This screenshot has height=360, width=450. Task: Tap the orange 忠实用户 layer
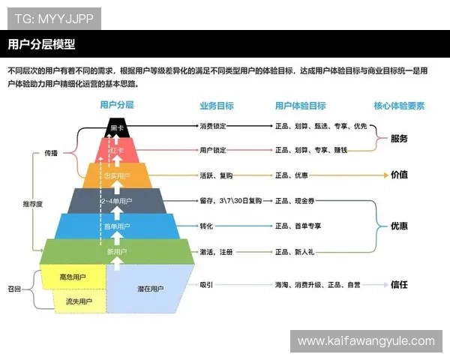(x=116, y=175)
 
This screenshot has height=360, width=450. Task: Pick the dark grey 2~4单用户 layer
(x=116, y=200)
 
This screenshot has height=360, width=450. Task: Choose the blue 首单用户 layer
(x=116, y=226)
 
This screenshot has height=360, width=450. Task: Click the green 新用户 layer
(x=116, y=252)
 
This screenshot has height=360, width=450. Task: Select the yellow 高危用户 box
(x=73, y=277)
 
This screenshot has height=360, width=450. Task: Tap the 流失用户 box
(x=76, y=301)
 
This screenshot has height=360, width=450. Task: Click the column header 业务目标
(x=216, y=106)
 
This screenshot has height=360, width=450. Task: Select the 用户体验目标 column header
(x=300, y=106)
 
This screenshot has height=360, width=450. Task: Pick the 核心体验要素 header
(x=400, y=106)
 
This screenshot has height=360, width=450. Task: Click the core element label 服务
(x=399, y=139)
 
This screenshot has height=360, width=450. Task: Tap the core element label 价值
(x=399, y=175)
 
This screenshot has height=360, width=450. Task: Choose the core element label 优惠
(x=399, y=225)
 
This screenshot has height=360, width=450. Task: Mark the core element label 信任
(x=399, y=285)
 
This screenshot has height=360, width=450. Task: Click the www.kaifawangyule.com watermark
(x=365, y=340)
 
